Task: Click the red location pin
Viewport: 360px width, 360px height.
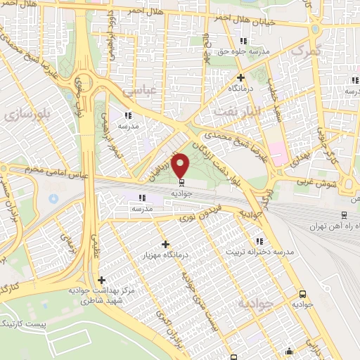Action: tap(181, 165)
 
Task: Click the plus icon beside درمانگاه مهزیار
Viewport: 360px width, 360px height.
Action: tap(166, 244)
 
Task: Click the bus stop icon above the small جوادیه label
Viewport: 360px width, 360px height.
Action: tap(302, 294)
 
